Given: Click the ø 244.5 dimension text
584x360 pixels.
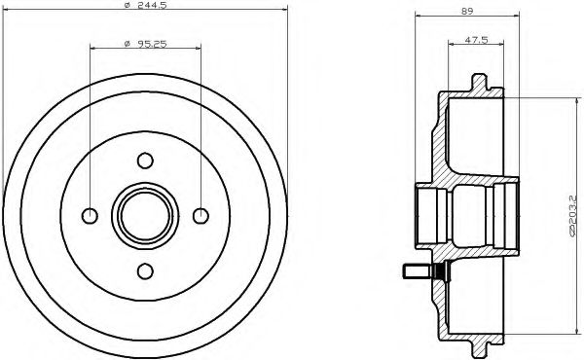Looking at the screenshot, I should click(145, 8).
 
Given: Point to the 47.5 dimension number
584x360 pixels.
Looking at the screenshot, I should click(475, 40).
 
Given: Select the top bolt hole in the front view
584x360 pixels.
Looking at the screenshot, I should click(145, 160).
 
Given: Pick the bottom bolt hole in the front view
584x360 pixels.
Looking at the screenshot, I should click(145, 270).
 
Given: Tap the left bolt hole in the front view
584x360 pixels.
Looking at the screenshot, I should click(90, 215).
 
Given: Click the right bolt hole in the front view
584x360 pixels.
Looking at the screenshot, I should click(201, 215).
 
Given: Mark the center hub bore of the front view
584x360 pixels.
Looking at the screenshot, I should click(145, 215).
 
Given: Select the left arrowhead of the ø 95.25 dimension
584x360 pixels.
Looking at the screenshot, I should click(92, 48).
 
